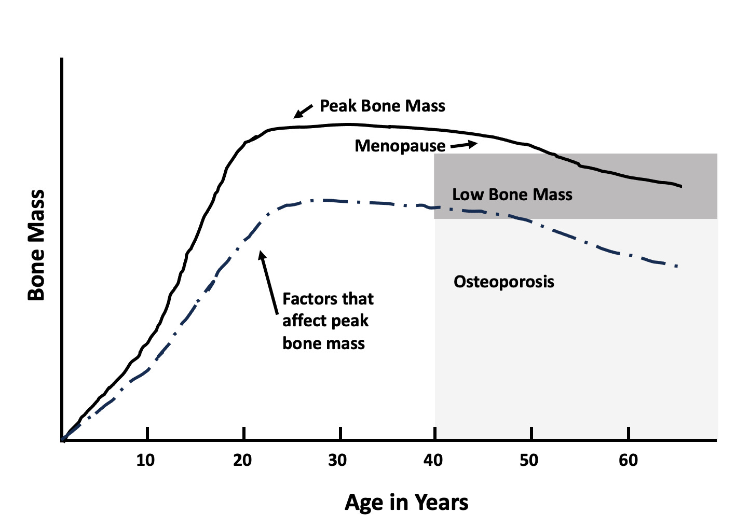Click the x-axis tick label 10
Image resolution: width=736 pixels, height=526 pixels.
click(146, 460)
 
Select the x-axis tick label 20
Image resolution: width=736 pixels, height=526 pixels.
click(242, 460)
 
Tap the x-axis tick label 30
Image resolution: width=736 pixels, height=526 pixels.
click(338, 460)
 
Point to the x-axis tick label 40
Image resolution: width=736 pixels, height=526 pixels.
click(433, 460)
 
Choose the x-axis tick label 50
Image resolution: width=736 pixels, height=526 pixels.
click(529, 460)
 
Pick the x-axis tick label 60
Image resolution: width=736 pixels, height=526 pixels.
click(628, 460)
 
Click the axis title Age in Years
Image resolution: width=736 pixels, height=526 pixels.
click(406, 503)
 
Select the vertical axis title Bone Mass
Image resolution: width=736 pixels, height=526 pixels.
click(36, 245)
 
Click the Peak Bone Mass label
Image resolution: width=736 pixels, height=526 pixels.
click(382, 106)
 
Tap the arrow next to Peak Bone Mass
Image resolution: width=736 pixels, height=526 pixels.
click(303, 110)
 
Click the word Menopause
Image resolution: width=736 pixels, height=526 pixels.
click(400, 146)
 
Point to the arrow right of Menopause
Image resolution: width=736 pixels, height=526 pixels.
click(464, 145)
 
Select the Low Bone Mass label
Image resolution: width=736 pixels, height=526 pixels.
click(512, 195)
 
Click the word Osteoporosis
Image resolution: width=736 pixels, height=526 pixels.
click(503, 282)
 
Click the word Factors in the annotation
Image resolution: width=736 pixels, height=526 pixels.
click(305, 299)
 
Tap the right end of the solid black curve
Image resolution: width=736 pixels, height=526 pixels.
click(680, 186)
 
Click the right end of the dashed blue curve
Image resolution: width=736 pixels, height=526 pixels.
click(677, 266)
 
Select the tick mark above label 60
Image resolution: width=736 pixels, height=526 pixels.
click(628, 433)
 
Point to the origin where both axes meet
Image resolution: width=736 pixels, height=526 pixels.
click(62, 440)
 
